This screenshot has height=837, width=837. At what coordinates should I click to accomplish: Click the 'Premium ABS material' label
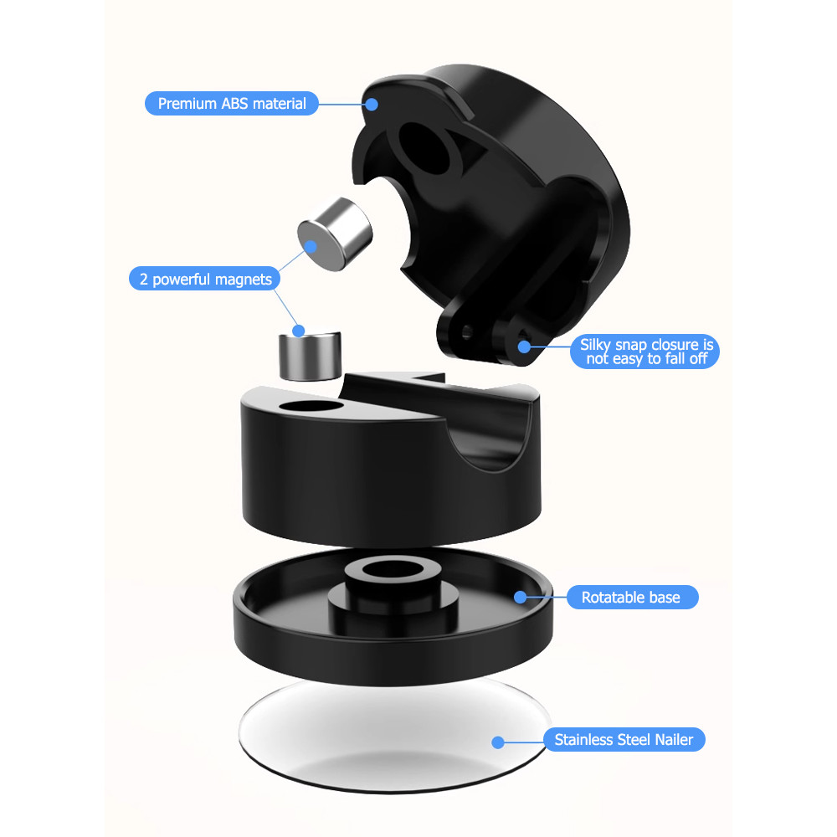[232, 103]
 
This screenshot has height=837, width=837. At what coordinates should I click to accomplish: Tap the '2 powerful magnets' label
[204, 279]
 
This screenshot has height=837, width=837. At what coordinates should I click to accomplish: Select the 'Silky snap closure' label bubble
[644, 352]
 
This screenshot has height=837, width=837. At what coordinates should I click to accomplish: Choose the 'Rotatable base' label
[632, 597]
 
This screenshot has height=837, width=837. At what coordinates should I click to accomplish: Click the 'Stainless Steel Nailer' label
[624, 739]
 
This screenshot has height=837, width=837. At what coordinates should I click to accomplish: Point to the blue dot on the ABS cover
[372, 104]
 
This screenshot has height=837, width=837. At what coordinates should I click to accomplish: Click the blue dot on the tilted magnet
[311, 247]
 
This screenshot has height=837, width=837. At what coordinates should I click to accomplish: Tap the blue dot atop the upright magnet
[299, 331]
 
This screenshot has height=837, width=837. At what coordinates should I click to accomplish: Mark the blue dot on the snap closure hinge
[524, 347]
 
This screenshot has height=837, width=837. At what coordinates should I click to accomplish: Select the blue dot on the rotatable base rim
[521, 597]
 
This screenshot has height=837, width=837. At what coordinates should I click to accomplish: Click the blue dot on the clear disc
[498, 742]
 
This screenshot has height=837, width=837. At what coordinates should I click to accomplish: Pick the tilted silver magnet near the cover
[335, 234]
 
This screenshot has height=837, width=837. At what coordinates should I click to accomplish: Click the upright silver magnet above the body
[311, 356]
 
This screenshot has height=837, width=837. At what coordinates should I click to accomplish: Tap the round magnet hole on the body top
[311, 407]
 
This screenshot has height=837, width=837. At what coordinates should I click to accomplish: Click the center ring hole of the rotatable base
[394, 569]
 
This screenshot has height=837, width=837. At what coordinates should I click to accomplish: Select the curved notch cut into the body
[489, 438]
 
